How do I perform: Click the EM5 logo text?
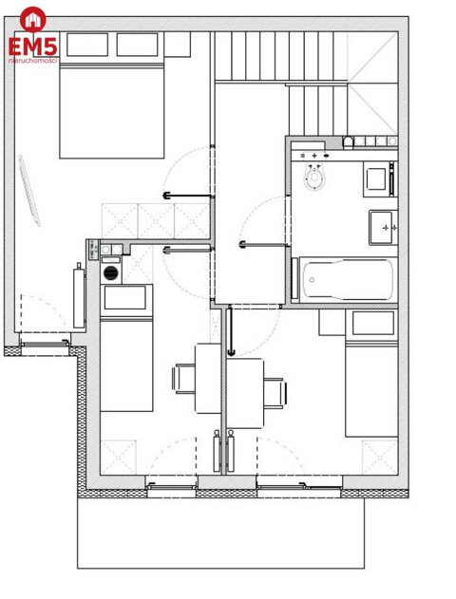[x=33, y=45]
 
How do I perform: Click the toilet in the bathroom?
[x=314, y=178]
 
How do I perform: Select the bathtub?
[x=342, y=279]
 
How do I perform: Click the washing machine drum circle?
[x=111, y=272]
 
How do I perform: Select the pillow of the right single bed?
[x=372, y=324]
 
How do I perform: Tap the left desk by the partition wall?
[x=208, y=378]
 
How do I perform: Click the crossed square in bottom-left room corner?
[x=119, y=458]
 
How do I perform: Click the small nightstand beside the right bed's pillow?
[x=332, y=324]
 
